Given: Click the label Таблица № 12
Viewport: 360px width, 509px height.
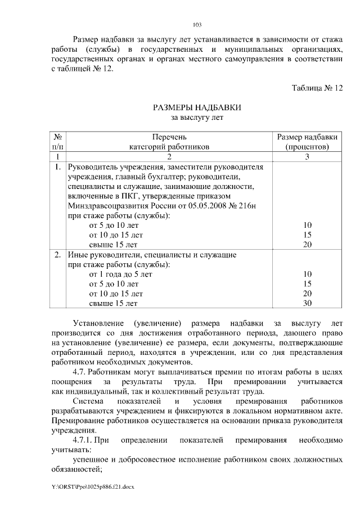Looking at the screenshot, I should tap(317, 88).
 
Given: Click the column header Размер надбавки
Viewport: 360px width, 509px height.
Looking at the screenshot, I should tap(307, 137).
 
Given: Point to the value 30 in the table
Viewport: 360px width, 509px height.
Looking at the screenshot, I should tap(307, 304).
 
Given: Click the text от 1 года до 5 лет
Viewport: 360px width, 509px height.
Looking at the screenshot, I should tap(121, 274).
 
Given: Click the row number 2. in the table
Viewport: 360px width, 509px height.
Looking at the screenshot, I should tap(57, 255).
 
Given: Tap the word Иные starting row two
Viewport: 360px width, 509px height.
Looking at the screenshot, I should tap(78, 255).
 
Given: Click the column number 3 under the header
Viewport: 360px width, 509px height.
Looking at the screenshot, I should tap(307, 157).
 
